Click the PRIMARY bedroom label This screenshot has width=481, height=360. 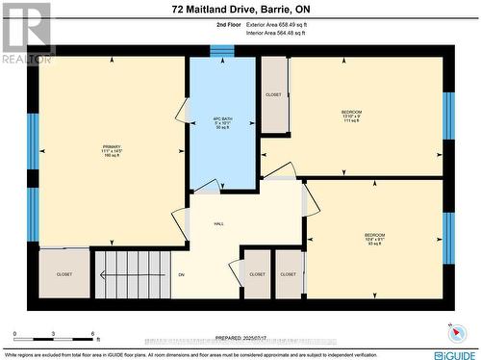(113, 147)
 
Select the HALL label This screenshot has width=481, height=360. (218, 222)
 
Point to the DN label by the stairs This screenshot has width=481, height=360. (181, 274)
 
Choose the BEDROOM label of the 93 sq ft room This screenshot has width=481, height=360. (374, 236)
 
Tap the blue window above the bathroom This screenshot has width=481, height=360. (222, 51)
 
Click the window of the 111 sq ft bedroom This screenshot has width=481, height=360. (447, 116)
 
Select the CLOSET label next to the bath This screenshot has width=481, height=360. (273, 94)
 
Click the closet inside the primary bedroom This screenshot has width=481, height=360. (63, 274)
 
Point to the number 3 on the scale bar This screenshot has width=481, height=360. (54, 333)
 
